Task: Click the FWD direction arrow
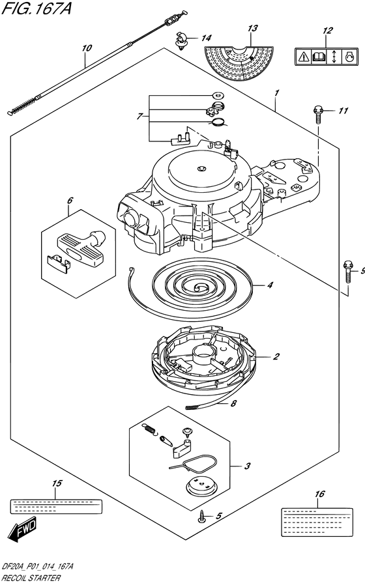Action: tap(23, 529)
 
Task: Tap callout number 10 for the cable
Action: tap(87, 48)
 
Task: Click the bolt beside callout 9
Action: tap(348, 273)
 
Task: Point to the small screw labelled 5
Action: tap(203, 517)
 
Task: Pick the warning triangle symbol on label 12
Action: tap(303, 57)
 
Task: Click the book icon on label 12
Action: tap(318, 57)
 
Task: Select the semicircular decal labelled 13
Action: tap(239, 63)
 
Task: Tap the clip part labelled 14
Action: tap(181, 40)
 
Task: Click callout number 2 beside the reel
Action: tap(276, 357)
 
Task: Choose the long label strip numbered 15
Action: tap(55, 506)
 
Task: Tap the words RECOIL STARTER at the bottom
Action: tap(31, 578)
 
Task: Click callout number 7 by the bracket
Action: tap(139, 117)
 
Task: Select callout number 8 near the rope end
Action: tap(233, 403)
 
